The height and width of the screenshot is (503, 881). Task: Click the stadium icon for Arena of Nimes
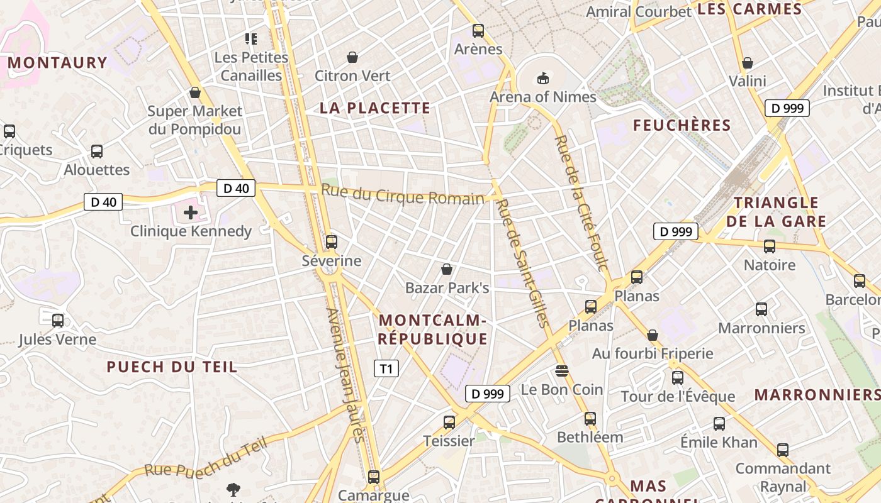pos(542,78)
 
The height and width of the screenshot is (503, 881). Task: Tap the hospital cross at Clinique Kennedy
pos(190,213)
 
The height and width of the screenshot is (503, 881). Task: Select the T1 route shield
pos(386,368)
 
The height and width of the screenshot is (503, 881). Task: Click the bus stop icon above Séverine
pos(331,241)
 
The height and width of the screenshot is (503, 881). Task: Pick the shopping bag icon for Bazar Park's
pos(447,269)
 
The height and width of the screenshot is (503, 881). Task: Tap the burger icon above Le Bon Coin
pos(562,371)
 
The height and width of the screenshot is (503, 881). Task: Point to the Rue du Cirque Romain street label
pos(403,195)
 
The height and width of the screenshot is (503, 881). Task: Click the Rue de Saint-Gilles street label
pos(522,263)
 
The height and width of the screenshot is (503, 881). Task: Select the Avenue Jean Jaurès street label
pos(345,375)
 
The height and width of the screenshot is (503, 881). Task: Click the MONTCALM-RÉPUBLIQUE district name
pos(433,330)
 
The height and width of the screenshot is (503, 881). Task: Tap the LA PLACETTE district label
pos(375,108)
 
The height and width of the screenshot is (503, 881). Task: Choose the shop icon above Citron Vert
pos(352,57)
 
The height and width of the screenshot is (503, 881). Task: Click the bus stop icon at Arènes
pos(478,30)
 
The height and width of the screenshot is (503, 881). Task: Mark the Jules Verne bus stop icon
pos(58,321)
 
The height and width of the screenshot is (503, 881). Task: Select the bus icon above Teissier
pos(449,422)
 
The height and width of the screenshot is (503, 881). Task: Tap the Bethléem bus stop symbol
pos(590,418)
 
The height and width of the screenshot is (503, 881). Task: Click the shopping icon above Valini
pos(748,63)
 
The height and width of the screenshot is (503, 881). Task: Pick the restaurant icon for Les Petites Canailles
pos(251,39)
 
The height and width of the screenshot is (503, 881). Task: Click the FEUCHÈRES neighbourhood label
pos(682,126)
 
